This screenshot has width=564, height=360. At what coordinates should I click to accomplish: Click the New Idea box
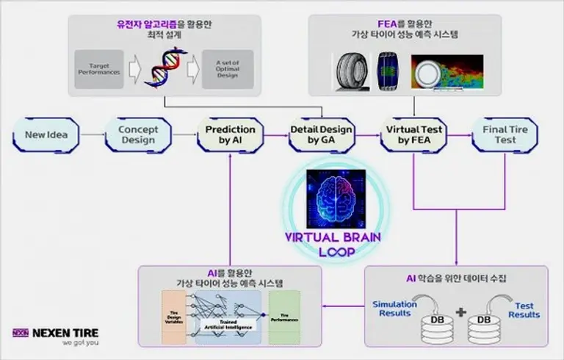click(46, 135)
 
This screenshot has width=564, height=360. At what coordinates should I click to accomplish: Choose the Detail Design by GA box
click(321, 135)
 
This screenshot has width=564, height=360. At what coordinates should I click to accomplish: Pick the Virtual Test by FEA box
click(413, 135)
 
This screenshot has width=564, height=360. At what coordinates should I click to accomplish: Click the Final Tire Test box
click(505, 135)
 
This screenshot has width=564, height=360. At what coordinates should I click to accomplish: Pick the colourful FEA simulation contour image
click(446, 74)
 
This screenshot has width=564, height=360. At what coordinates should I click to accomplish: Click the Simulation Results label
click(394, 309)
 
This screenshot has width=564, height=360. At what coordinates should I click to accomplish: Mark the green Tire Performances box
click(285, 315)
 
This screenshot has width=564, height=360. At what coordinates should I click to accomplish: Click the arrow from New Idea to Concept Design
click(92, 135)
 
